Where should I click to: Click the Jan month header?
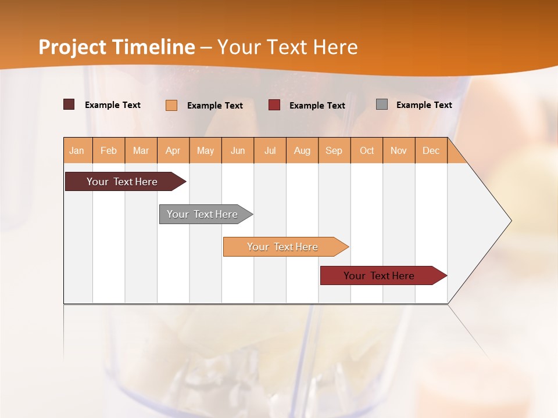coord(77,150)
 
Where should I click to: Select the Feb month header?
coord(109,150)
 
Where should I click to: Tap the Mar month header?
coord(141,150)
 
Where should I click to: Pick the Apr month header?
coord(173,150)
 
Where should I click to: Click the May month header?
coord(205,150)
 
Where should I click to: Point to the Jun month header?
coord(238,150)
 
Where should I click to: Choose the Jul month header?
coord(270,150)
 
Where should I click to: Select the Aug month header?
coord(302,150)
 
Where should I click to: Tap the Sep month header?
coord(334,150)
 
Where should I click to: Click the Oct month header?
coord(367,150)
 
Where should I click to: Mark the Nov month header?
coord(399,150)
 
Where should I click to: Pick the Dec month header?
coord(431,150)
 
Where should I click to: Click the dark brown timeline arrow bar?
coord(123,182)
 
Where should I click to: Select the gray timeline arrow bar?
coord(203,214)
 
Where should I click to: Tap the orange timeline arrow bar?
coord(283,247)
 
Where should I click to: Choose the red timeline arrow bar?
coord(380,276)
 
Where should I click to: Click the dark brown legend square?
coord(69,105)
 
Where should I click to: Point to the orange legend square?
coord(171,105)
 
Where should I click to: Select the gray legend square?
coord(382,105)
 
